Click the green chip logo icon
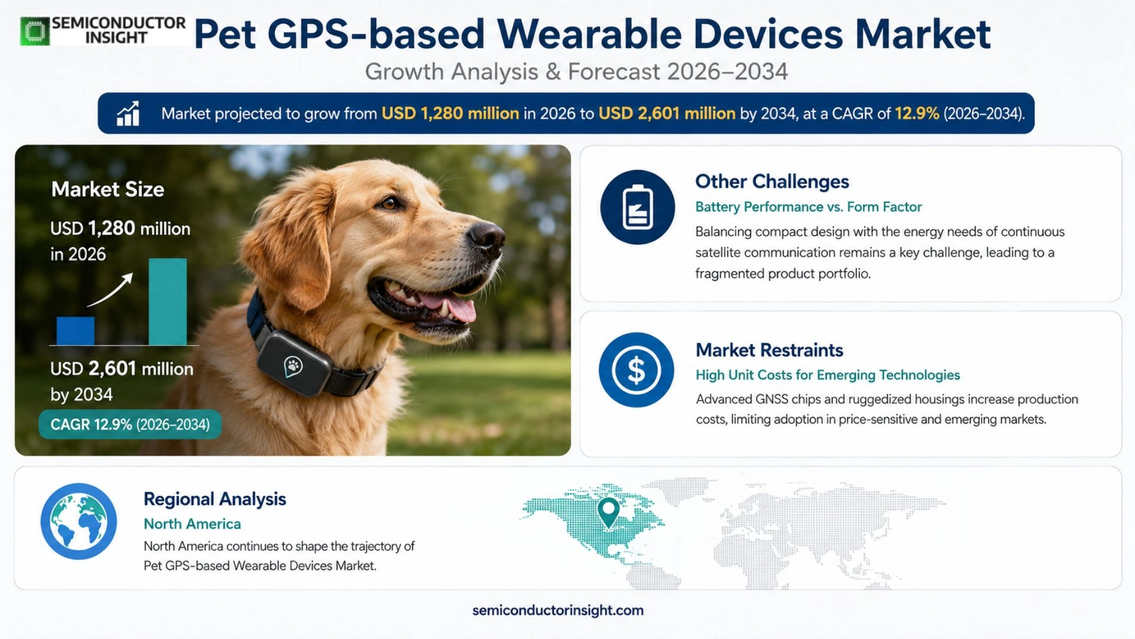coord(35,31)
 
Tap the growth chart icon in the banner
coord(128,113)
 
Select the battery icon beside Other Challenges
coord(637,207)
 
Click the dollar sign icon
coord(636,370)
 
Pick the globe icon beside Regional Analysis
coord(79,521)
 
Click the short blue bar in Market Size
coord(75,331)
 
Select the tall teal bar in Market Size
coord(167,301)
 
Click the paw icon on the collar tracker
coord(293,366)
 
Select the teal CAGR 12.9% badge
coord(130,424)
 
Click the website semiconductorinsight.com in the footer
coord(558,610)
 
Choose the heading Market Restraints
coord(769,350)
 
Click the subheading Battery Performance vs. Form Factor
coord(808,206)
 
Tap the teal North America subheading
coord(192,524)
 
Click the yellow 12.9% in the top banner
coord(917,113)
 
